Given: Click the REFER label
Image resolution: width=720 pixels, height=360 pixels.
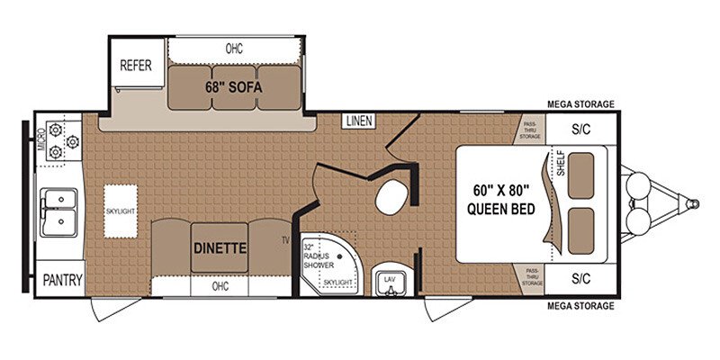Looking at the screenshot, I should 136,66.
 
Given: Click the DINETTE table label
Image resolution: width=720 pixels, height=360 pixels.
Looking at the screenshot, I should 220,242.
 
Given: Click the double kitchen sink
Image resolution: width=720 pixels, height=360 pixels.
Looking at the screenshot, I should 58,209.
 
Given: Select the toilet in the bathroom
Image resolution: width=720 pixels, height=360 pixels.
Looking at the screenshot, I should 392,196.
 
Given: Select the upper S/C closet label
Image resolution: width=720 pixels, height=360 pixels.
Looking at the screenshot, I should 581,129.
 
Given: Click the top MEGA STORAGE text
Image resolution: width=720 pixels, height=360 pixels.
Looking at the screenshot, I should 581,104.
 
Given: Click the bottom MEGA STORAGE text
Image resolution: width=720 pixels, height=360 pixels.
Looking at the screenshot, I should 581,306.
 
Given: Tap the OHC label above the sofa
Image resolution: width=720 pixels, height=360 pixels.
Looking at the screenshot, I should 233,48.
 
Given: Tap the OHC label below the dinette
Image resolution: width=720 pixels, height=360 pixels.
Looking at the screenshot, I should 220,287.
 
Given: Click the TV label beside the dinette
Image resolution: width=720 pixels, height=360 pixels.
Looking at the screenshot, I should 284,239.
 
